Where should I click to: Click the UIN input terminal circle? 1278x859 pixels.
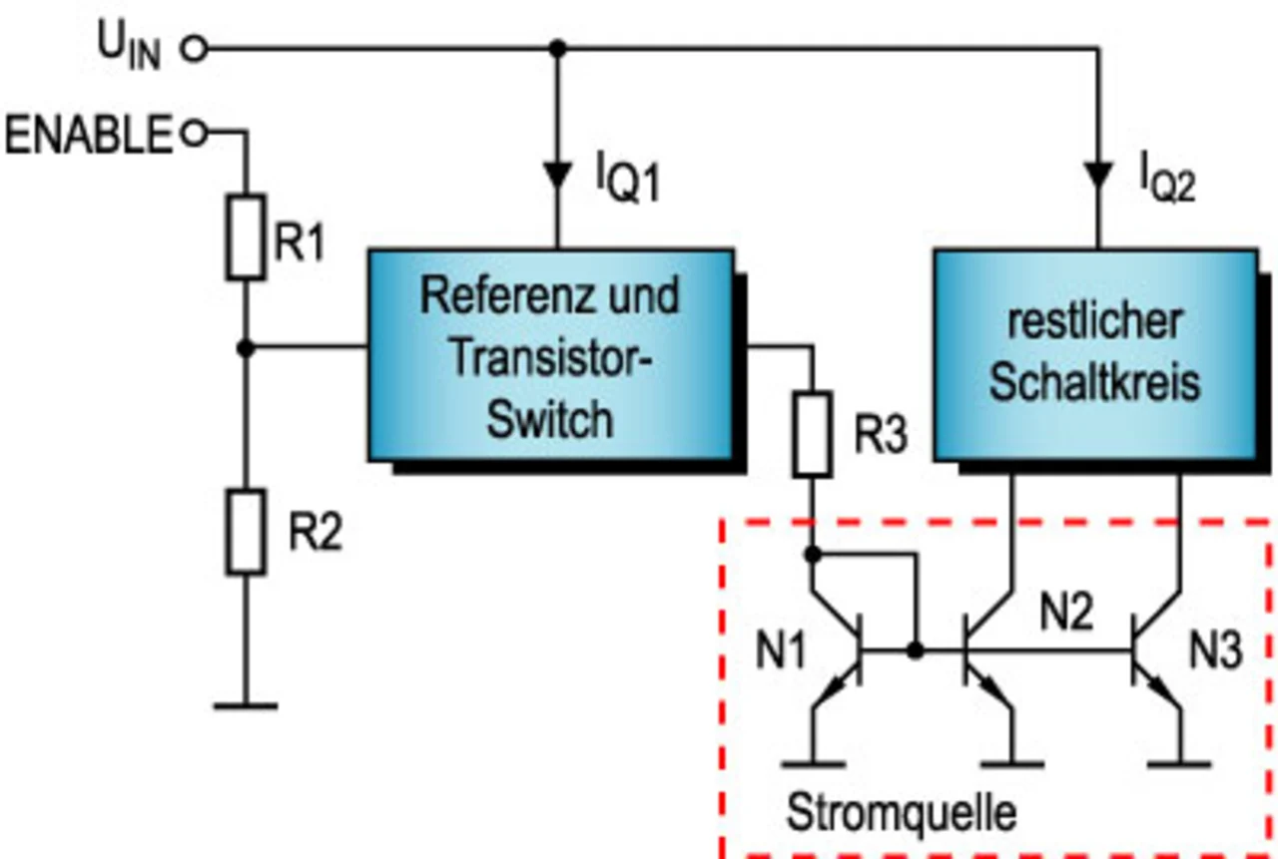coord(196,48)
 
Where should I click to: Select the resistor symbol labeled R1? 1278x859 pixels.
coord(246,237)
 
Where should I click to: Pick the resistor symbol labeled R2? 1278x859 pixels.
coord(246,532)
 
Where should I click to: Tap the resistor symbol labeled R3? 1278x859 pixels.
coord(813,434)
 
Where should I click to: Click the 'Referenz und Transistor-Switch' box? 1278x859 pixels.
coord(551,355)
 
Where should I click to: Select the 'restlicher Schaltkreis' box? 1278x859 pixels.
coord(1094,355)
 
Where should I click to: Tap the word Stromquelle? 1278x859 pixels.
coord(902,813)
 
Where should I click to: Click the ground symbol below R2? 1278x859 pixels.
coord(246,706)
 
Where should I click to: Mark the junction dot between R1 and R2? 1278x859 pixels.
coord(246,348)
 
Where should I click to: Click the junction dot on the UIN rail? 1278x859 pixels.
coord(558,48)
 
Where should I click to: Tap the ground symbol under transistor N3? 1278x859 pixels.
coord(1180,765)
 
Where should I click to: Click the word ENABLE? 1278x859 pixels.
coord(89,134)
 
